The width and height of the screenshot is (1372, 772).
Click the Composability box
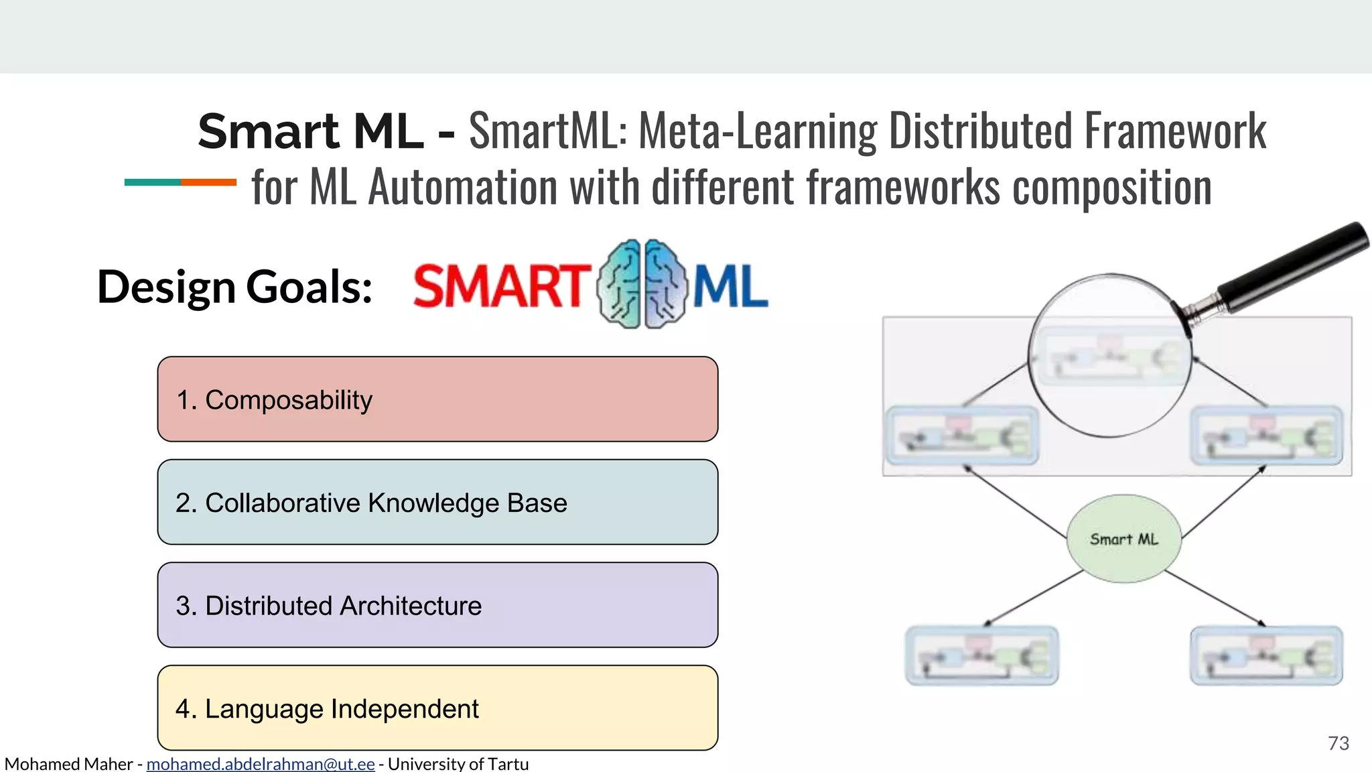(437, 399)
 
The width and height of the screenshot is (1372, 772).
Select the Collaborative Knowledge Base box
(437, 503)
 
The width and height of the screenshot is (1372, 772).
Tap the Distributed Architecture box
(437, 605)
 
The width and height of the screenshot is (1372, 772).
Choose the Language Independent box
(437, 708)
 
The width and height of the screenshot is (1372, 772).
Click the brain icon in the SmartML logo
(642, 284)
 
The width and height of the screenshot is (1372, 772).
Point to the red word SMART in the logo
(499, 287)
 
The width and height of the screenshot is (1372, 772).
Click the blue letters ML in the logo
(730, 287)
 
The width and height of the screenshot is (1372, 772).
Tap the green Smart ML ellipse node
(1123, 539)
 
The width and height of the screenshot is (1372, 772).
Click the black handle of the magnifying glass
(1293, 267)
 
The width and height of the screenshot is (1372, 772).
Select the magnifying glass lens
(1109, 355)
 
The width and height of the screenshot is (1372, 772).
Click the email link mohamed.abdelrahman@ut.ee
(261, 764)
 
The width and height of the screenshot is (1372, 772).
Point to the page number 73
(1338, 743)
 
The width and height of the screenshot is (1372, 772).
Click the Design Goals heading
(234, 287)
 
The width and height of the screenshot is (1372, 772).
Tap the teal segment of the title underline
(152, 182)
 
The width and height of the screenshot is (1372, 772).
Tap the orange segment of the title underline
(208, 182)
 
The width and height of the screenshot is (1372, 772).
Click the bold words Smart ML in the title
(310, 131)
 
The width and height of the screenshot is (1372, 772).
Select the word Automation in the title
(463, 187)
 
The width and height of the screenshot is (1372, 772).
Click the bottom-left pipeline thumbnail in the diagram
(981, 655)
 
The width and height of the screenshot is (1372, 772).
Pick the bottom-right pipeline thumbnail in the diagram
(1266, 655)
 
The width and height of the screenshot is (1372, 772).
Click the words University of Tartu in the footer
(458, 764)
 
